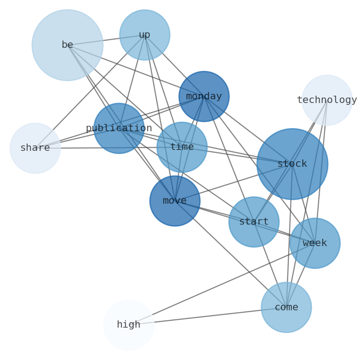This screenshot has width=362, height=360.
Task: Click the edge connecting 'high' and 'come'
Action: point(207,317)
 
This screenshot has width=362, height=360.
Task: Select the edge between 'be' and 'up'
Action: point(106,40)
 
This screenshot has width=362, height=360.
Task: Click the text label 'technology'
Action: point(327,100)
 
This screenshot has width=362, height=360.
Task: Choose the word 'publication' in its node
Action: point(119,128)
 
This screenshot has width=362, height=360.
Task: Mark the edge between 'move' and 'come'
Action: point(230,254)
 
